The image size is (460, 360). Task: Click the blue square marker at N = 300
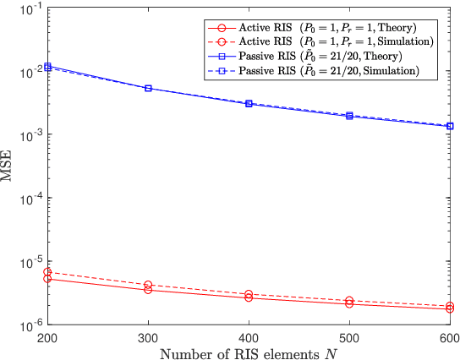point(148,88)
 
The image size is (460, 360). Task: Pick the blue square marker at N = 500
point(349,116)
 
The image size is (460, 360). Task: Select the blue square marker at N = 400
point(249,103)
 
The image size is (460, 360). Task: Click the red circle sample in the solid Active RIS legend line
point(225,25)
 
